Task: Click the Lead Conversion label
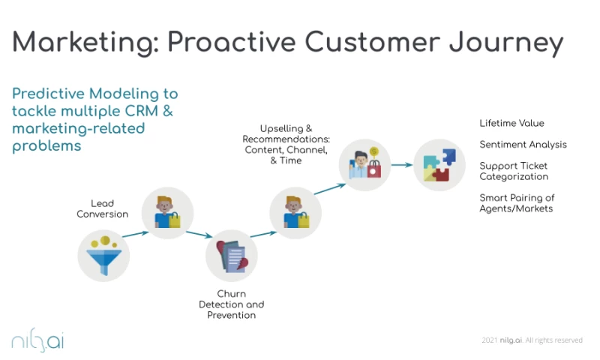point(102,208)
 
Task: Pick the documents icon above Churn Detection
point(231,255)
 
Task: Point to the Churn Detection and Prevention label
point(231,304)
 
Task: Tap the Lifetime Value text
point(512,123)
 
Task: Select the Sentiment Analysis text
point(523,144)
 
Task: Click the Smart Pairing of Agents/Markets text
point(517,203)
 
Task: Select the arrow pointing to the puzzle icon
point(400,165)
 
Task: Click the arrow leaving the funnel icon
point(135,234)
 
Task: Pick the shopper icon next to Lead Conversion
point(167,212)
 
